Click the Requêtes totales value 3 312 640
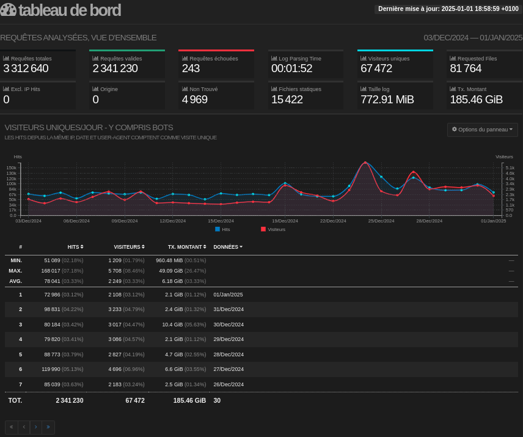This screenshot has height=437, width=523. [26, 68]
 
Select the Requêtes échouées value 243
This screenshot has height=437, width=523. [191, 68]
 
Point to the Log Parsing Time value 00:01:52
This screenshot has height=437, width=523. [291, 68]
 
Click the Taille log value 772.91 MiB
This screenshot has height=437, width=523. [387, 100]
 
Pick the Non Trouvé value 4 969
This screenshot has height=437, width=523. [194, 100]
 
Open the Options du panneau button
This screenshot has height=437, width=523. [482, 130]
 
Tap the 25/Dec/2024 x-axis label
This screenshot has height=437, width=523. [381, 221]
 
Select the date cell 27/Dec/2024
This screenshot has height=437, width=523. [229, 369]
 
